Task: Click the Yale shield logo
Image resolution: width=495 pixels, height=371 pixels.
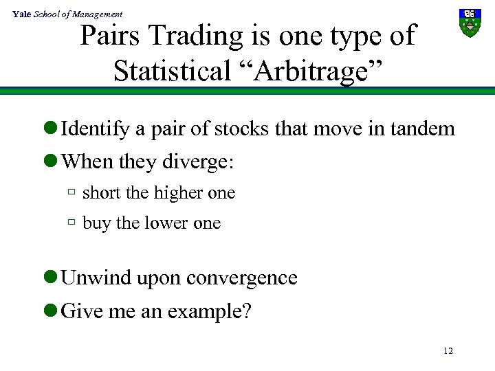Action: (x=470, y=23)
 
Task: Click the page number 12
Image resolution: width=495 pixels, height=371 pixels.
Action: (x=448, y=351)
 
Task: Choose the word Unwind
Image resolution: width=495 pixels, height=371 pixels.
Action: (x=97, y=278)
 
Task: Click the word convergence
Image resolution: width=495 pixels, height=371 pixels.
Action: (x=241, y=278)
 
